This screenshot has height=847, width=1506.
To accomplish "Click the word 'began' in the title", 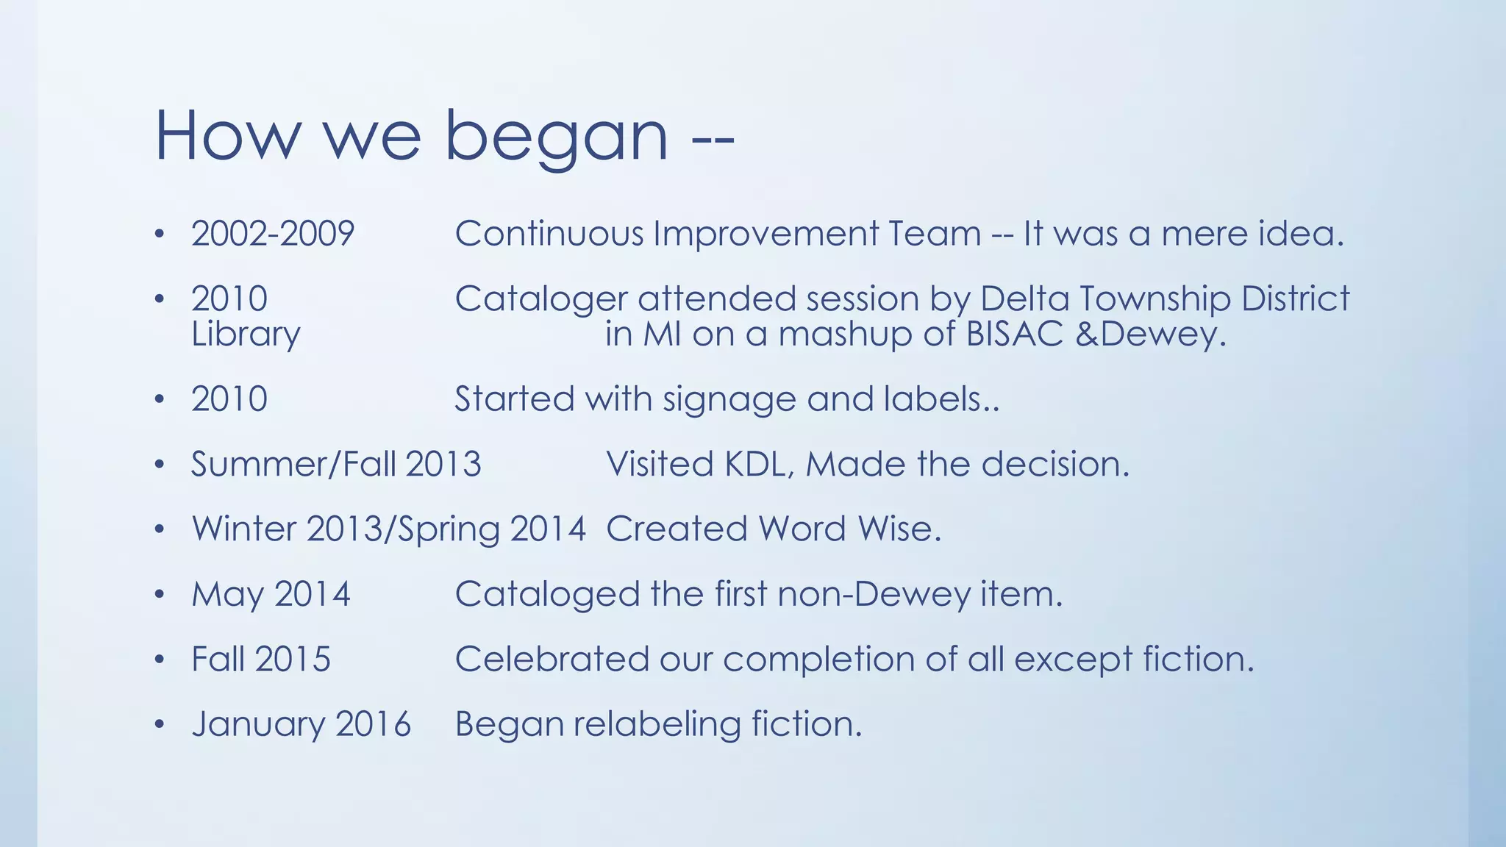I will [x=557, y=137].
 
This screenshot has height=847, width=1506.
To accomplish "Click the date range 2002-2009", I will [x=273, y=234].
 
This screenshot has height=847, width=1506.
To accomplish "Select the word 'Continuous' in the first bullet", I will [x=549, y=234].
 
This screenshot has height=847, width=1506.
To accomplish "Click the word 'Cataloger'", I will [x=541, y=299].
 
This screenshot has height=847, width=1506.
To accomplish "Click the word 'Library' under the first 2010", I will [x=246, y=335].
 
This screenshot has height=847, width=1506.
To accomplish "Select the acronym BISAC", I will [x=1014, y=335].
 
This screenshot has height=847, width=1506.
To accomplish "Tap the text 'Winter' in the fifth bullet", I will [x=244, y=529].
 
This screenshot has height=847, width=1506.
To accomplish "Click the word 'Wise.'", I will [x=899, y=529].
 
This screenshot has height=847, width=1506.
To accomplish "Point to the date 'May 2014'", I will [x=271, y=594].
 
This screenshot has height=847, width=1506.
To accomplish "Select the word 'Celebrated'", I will [x=552, y=660].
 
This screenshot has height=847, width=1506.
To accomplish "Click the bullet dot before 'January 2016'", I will [x=160, y=725].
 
